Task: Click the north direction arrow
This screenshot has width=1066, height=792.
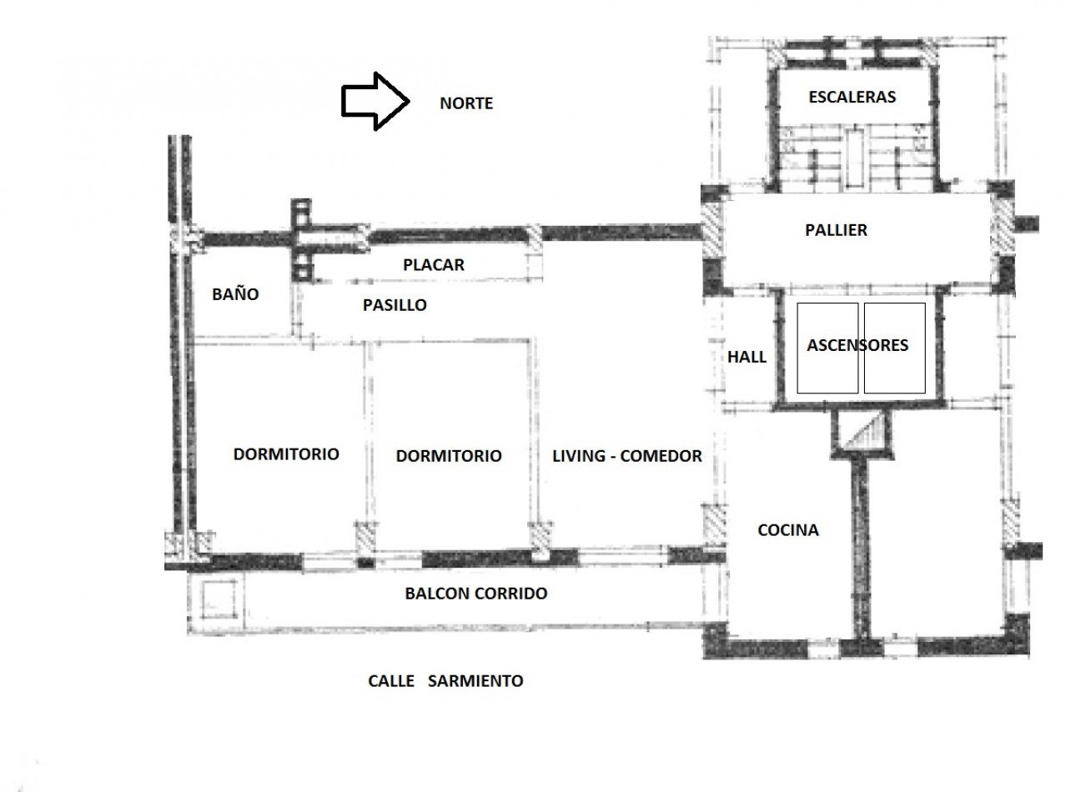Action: click(375, 102)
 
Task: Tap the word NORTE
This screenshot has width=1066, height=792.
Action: click(466, 103)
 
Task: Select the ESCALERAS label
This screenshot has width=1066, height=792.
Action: click(852, 97)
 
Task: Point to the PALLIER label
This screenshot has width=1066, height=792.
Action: click(837, 230)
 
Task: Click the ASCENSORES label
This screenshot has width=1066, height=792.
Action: click(857, 345)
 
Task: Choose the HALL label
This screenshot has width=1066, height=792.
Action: click(747, 357)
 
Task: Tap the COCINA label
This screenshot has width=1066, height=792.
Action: click(788, 530)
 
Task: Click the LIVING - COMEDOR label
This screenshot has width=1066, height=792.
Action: click(626, 456)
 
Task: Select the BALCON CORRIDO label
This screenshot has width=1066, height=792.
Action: click(475, 594)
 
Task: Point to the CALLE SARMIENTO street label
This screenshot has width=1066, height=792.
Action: click(445, 681)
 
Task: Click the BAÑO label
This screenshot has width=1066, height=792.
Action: click(235, 294)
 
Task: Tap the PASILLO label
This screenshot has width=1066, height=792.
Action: click(395, 305)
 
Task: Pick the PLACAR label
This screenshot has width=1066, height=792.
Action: click(434, 265)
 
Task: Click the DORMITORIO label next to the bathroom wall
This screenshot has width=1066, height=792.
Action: click(286, 454)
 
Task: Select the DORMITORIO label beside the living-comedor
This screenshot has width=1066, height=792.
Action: click(449, 456)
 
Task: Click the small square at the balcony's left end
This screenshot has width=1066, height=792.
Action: click(219, 599)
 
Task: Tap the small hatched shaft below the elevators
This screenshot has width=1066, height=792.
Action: click(862, 431)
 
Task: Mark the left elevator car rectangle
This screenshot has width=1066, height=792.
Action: click(827, 348)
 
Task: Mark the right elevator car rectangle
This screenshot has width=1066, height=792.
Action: click(894, 348)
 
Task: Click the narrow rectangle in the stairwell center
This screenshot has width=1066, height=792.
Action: click(854, 158)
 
